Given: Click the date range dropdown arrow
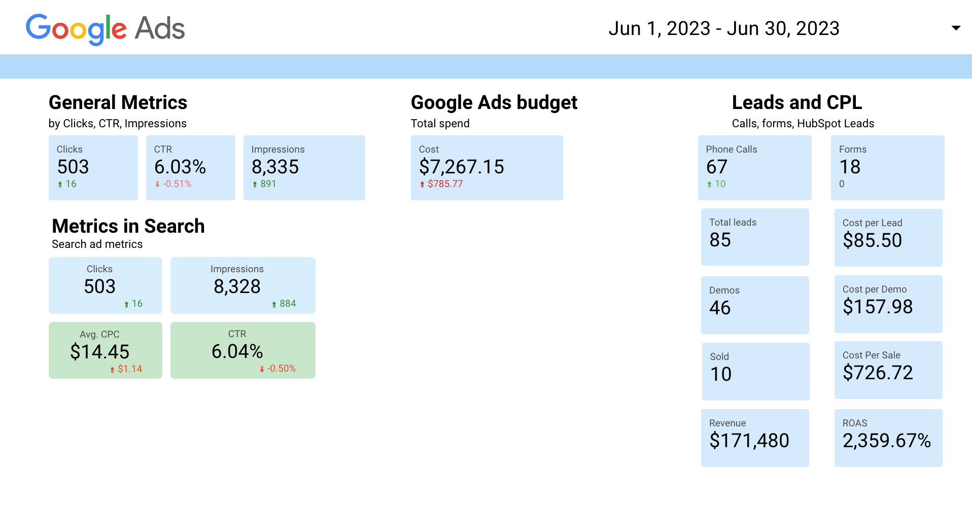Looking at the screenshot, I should click(956, 28).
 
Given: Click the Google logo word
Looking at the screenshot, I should click(76, 28).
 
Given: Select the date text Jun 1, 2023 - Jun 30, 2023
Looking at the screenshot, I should click(724, 28).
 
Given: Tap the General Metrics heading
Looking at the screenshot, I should click(118, 102).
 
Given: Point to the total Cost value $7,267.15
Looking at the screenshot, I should click(461, 167).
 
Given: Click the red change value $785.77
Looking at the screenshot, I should click(445, 184).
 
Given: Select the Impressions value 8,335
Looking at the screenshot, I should click(275, 167).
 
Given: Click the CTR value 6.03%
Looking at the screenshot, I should click(180, 167).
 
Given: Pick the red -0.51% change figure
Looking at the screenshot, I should click(177, 184).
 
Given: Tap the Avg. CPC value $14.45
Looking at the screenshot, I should click(100, 351).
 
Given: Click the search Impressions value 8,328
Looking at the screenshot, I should click(237, 286).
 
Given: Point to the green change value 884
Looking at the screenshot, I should click(287, 304).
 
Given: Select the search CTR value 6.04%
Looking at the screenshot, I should click(237, 351).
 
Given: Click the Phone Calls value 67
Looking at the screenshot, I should click(717, 167).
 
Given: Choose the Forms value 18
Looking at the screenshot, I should click(850, 167).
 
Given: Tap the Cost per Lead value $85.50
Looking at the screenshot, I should click(872, 240).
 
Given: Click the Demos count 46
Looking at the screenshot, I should click(720, 308).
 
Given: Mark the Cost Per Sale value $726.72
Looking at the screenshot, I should click(878, 373).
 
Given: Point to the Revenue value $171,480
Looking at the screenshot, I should click(749, 441).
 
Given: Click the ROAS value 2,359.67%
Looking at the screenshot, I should click(886, 441).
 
